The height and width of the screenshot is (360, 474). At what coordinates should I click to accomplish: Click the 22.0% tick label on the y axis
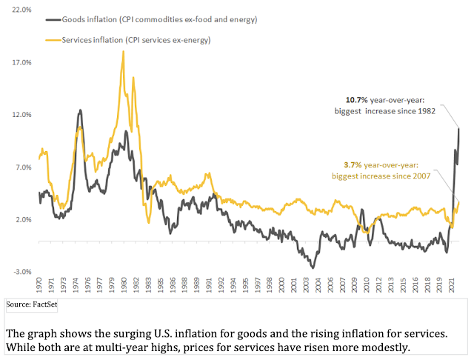pyautogui.click(x=21, y=10)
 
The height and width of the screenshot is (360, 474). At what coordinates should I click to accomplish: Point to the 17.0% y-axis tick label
pyautogui.click(x=21, y=63)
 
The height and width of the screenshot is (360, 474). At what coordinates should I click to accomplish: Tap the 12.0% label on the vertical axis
pyautogui.click(x=21, y=115)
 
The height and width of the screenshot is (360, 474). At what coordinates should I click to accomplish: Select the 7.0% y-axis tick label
pyautogui.click(x=22, y=167)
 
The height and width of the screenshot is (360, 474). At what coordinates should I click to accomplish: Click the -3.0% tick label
pyautogui.click(x=21, y=272)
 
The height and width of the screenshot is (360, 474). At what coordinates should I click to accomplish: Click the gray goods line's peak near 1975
pyautogui.click(x=79, y=110)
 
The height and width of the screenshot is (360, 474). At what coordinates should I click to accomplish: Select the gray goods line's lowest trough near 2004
pyautogui.click(x=313, y=267)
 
